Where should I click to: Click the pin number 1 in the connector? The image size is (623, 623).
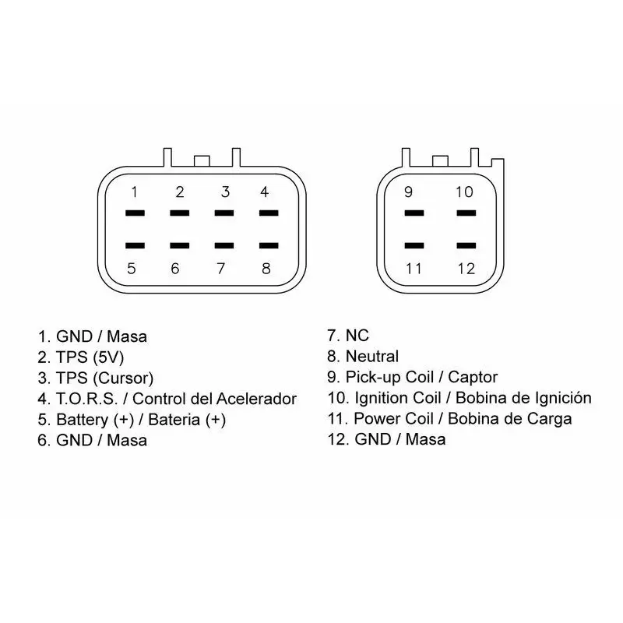134,192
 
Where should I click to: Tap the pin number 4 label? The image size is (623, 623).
264,192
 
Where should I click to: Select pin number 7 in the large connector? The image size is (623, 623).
221,269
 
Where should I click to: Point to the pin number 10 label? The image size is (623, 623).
464,192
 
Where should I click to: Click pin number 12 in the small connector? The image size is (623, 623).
466,269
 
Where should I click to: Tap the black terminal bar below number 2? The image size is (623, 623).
180,213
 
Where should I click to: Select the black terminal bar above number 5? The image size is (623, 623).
135,245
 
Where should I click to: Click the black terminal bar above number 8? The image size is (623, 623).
269,245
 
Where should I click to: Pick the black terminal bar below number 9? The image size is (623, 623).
414,213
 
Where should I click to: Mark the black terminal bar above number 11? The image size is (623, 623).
414,245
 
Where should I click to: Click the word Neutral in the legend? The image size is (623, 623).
372,357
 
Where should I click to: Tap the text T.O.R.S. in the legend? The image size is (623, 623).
87,399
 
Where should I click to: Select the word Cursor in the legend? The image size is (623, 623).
123,378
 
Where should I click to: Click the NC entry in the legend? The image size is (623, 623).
357,336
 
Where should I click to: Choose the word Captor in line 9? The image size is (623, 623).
473,378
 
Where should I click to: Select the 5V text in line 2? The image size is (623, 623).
108,357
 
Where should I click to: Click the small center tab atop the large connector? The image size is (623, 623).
202,161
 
